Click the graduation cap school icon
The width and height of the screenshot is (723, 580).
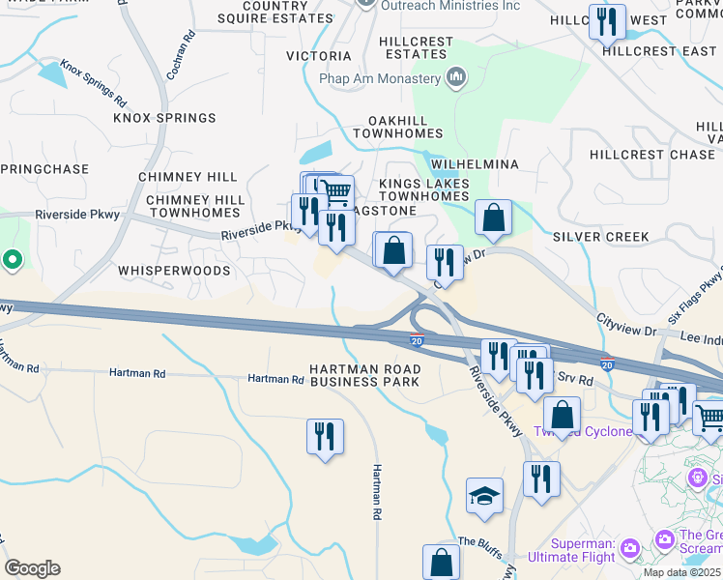click(485, 497)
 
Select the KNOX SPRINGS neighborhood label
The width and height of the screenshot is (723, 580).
click(164, 118)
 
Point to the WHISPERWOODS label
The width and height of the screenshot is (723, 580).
click(174, 271)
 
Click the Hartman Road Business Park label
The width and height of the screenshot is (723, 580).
click(365, 375)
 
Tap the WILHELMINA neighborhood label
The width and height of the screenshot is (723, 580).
click(468, 164)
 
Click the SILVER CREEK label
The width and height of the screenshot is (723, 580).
click(601, 237)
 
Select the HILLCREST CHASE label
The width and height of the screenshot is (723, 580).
click(652, 155)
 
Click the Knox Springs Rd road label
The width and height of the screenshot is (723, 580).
click(94, 84)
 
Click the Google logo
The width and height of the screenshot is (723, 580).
click(32, 568)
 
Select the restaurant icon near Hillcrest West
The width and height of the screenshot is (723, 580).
click(607, 21)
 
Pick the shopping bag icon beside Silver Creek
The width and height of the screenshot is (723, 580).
click(493, 218)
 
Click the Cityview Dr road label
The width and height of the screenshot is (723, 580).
click(625, 325)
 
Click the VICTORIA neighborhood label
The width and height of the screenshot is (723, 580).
click(319, 56)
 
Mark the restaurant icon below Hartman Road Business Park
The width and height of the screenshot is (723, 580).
click(325, 436)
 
